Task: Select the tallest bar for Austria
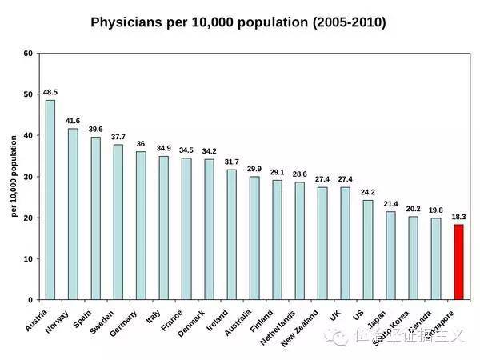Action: pos(50,199)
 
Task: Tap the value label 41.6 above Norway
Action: pos(73,120)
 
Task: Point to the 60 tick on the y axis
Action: pos(29,54)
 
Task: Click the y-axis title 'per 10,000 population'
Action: pos(14,176)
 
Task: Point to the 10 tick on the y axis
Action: pos(29,259)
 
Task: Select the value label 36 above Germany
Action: pos(141,143)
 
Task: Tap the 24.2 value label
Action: pos(368,192)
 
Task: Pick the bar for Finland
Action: pos(277,239)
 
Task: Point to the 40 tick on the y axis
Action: pos(29,136)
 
